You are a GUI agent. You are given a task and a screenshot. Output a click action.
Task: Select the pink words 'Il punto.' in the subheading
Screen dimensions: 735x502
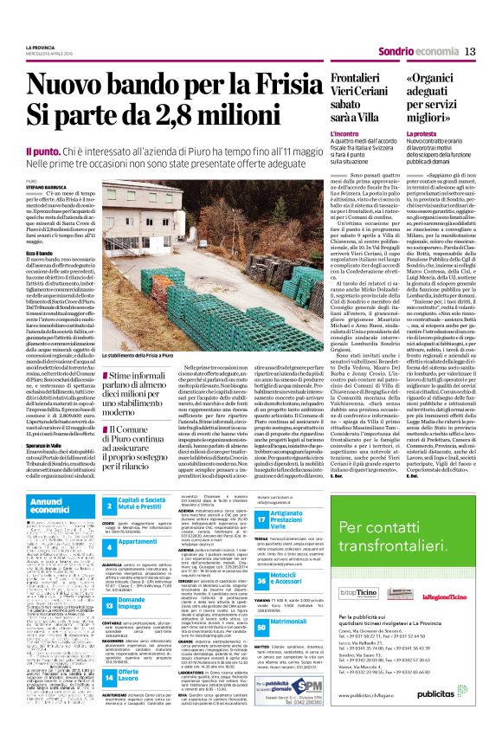click(x=41, y=150)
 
